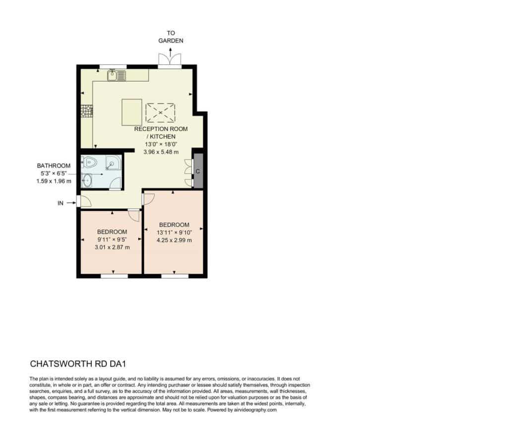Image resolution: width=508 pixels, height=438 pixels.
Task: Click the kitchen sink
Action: click(x=117, y=75)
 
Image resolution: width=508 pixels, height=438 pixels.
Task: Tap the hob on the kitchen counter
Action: click(x=87, y=111)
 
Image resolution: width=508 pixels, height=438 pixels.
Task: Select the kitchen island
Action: click(x=132, y=112)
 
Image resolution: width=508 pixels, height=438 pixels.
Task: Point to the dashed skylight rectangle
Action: click(x=160, y=113)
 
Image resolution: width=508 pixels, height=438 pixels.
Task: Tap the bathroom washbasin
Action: click(x=86, y=180)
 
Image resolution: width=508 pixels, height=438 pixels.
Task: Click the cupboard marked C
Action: click(x=198, y=171)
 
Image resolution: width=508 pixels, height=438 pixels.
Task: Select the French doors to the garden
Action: click(x=170, y=60)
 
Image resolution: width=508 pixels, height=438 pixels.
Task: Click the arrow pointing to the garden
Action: click(x=171, y=52)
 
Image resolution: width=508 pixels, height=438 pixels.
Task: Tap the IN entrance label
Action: click(x=60, y=203)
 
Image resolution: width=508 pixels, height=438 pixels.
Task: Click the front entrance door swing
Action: click(x=85, y=201)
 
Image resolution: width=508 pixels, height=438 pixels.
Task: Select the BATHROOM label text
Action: click(x=54, y=166)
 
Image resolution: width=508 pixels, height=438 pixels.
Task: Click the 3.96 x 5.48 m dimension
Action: click(x=161, y=152)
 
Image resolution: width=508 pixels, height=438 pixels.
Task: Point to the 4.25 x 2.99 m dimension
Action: click(x=174, y=240)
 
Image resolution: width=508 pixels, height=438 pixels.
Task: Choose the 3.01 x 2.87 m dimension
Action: click(x=112, y=247)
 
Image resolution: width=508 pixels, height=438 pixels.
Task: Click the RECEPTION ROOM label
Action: click(x=161, y=128)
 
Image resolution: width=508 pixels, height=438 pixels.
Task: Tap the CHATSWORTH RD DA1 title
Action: click(x=78, y=364)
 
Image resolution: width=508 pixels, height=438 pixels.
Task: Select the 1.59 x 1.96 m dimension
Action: click(x=54, y=181)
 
